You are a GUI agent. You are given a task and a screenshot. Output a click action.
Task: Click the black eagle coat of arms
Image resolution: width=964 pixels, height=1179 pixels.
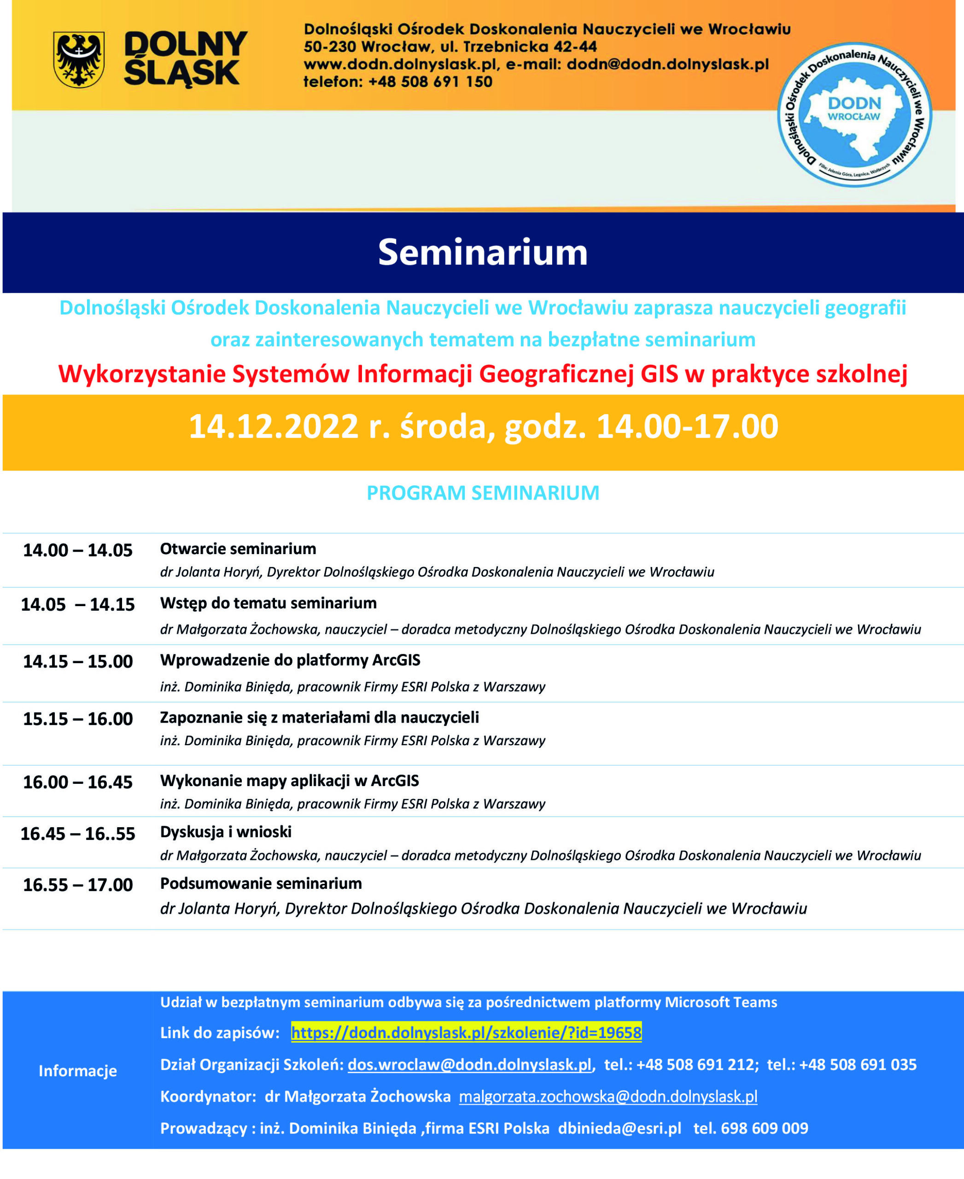[78, 59]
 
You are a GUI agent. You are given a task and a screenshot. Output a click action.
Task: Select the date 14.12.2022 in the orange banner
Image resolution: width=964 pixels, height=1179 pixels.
[273, 426]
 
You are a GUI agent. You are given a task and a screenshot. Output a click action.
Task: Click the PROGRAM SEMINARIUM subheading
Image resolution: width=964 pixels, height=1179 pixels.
[483, 493]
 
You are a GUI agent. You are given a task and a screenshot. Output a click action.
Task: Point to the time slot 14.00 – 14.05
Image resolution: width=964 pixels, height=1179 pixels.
[78, 550]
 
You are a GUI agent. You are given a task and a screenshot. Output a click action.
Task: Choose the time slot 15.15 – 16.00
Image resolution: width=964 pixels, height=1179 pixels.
[78, 718]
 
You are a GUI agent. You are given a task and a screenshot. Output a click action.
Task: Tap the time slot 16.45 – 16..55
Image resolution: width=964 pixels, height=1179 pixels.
[78, 834]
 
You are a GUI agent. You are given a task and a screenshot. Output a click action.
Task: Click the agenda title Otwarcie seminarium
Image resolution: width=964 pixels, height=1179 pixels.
[238, 549]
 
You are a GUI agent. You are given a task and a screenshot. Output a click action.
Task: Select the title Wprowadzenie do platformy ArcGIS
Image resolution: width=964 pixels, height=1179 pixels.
[290, 660]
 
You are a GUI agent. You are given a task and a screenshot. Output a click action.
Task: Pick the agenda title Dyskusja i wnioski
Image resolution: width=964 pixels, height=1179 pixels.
[225, 831]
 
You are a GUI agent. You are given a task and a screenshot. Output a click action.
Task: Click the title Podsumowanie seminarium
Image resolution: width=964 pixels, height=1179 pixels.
[260, 883]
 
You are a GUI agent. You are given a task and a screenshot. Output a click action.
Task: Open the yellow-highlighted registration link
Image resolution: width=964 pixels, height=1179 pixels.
[466, 1033]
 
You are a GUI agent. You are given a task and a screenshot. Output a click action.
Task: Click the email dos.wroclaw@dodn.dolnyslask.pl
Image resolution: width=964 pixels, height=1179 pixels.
[469, 1065]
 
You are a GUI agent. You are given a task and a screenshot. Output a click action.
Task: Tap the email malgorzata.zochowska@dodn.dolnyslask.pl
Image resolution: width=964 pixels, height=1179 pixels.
[608, 1096]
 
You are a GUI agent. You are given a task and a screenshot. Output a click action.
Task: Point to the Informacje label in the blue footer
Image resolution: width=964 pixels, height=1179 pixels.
[78, 1071]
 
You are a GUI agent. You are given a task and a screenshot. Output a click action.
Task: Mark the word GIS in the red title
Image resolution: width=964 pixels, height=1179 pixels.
[659, 374]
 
